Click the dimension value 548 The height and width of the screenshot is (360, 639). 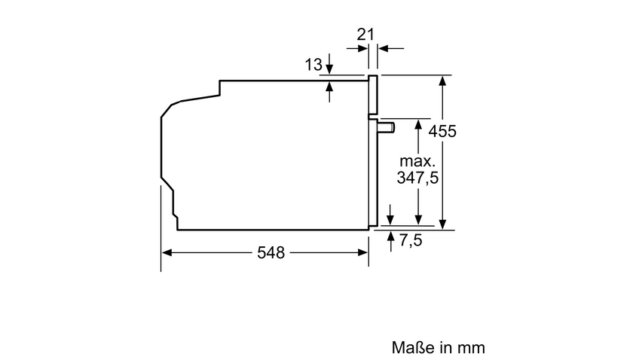(x=271, y=252)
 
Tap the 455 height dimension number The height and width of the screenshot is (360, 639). (x=442, y=131)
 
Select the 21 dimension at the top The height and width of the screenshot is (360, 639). (x=365, y=34)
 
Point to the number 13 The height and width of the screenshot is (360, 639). (x=313, y=64)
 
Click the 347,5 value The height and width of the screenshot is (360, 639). (x=417, y=178)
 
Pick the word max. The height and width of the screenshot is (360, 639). (x=417, y=161)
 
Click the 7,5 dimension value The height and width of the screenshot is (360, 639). (x=411, y=240)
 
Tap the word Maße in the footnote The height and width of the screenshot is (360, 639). (x=413, y=347)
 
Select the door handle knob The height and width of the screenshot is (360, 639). (x=387, y=127)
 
